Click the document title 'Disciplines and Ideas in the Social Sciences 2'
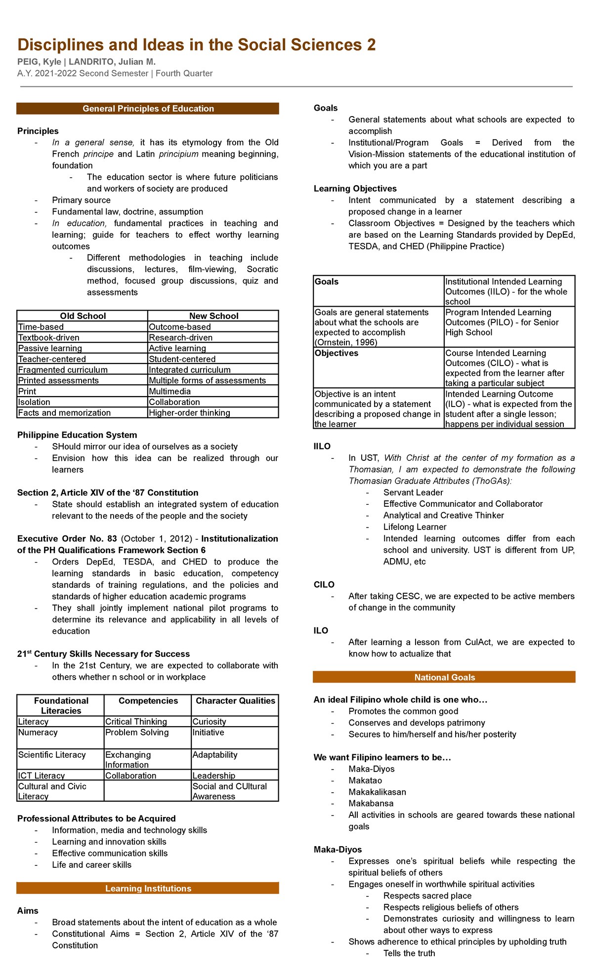[196, 45]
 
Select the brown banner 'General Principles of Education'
[148, 109]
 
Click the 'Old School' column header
[83, 316]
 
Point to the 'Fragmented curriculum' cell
[63, 370]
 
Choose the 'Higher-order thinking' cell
[189, 413]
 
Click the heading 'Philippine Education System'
[77, 435]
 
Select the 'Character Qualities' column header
[235, 701]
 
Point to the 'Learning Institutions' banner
[148, 889]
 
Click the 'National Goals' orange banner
[444, 678]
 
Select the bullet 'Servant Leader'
[413, 492]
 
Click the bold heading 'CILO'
[324, 585]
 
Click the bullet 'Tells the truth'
[409, 953]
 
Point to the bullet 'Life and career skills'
[92, 865]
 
